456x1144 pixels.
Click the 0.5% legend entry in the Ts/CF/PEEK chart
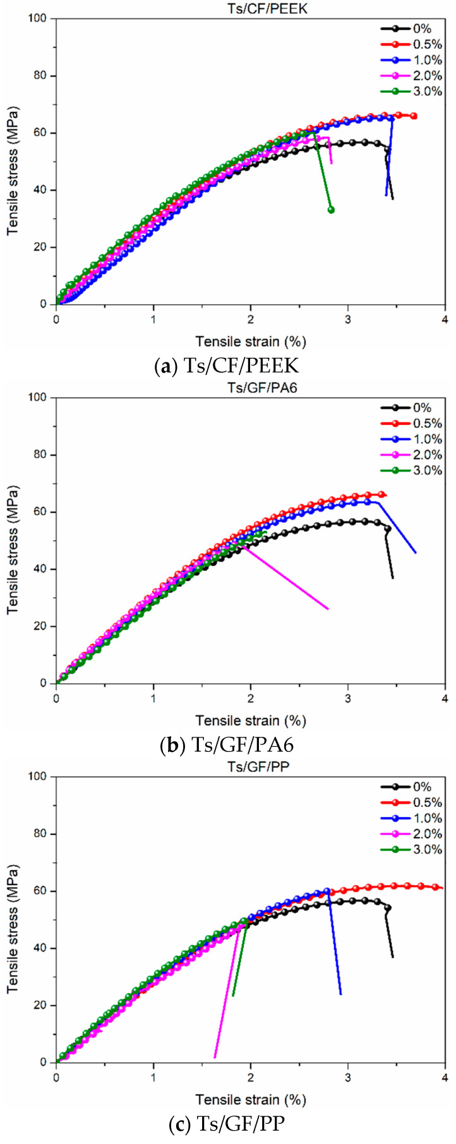[x=411, y=44]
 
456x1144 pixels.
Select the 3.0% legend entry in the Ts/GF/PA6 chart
[x=411, y=470]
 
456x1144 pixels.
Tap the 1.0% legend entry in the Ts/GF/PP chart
[x=411, y=818]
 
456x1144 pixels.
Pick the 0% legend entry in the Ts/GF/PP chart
[x=411, y=787]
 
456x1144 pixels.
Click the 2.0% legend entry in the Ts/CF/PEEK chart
[x=411, y=76]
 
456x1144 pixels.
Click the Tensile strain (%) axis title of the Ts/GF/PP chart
[x=251, y=1099]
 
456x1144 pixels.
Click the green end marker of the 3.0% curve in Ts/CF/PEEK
[x=331, y=210]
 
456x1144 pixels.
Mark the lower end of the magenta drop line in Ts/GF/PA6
[x=328, y=609]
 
